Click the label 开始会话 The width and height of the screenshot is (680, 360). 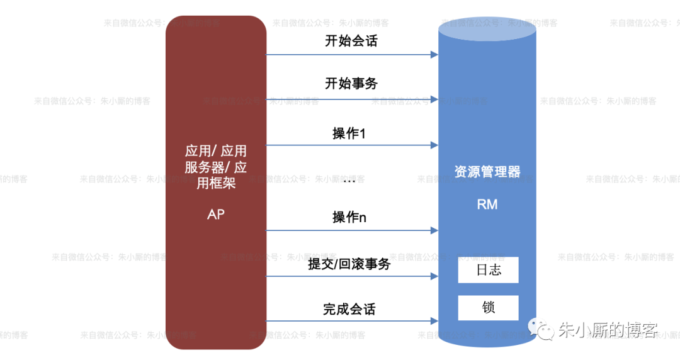[x=351, y=42]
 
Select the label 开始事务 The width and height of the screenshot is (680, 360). [x=351, y=83]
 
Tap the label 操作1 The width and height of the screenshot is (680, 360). [x=349, y=133]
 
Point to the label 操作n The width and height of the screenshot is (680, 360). [x=349, y=218]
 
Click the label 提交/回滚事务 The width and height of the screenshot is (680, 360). [x=349, y=264]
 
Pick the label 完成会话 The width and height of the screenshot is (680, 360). [x=349, y=310]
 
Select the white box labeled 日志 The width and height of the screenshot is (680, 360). [x=488, y=270]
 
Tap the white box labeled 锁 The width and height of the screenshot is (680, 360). [x=488, y=308]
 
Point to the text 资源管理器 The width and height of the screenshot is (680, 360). [x=487, y=172]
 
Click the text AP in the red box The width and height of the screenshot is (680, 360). [x=215, y=214]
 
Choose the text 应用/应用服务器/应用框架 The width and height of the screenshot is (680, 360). [x=215, y=167]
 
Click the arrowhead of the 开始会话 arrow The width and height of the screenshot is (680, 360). [x=434, y=55]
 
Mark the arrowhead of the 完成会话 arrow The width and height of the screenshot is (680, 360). [x=434, y=321]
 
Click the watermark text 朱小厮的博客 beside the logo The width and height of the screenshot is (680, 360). [x=608, y=330]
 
